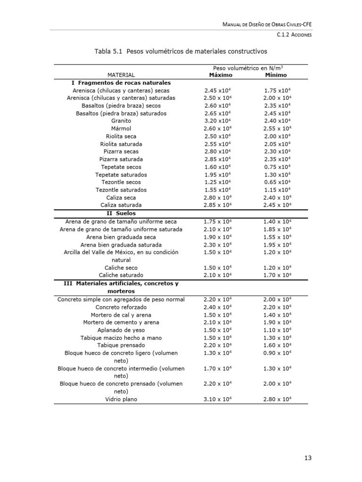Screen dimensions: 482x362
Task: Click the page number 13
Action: click(x=308, y=458)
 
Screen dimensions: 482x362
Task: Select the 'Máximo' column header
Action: click(x=217, y=75)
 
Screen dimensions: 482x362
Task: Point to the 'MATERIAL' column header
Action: click(x=121, y=75)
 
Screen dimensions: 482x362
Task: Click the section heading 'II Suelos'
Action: click(x=121, y=213)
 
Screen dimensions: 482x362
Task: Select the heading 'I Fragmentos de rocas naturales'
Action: click(x=121, y=82)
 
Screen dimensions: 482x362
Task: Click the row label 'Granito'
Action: click(x=121, y=121)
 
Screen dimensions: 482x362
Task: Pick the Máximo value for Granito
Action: click(x=217, y=121)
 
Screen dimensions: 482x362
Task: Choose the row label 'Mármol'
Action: click(x=121, y=129)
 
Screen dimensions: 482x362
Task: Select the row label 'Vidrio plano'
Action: click(x=121, y=399)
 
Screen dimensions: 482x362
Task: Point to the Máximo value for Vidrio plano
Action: click(x=217, y=399)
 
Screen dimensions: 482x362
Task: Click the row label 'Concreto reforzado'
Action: click(x=121, y=307)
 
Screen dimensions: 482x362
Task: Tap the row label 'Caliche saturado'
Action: click(x=121, y=275)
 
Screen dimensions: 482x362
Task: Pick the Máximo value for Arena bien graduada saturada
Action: click(x=217, y=245)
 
